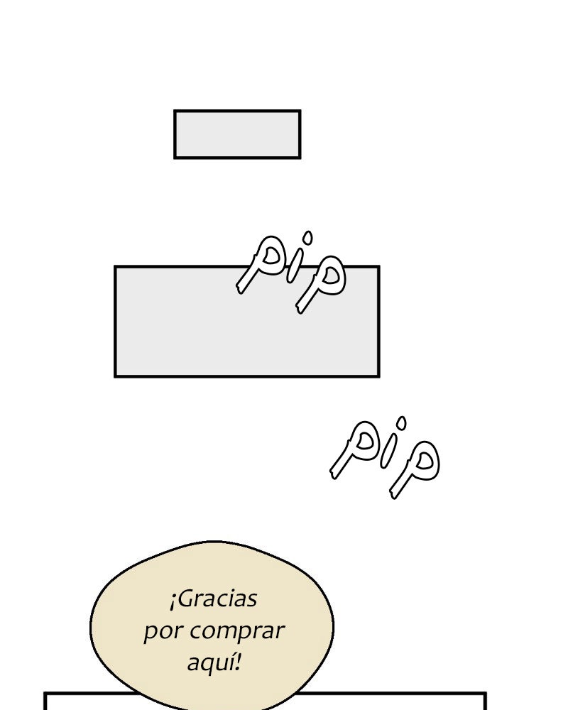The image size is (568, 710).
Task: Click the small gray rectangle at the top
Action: pos(237,134)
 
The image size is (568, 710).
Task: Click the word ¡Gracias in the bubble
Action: pos(213,599)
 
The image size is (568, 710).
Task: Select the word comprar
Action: pos(237,631)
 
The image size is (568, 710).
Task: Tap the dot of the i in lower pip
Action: pos(401,423)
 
